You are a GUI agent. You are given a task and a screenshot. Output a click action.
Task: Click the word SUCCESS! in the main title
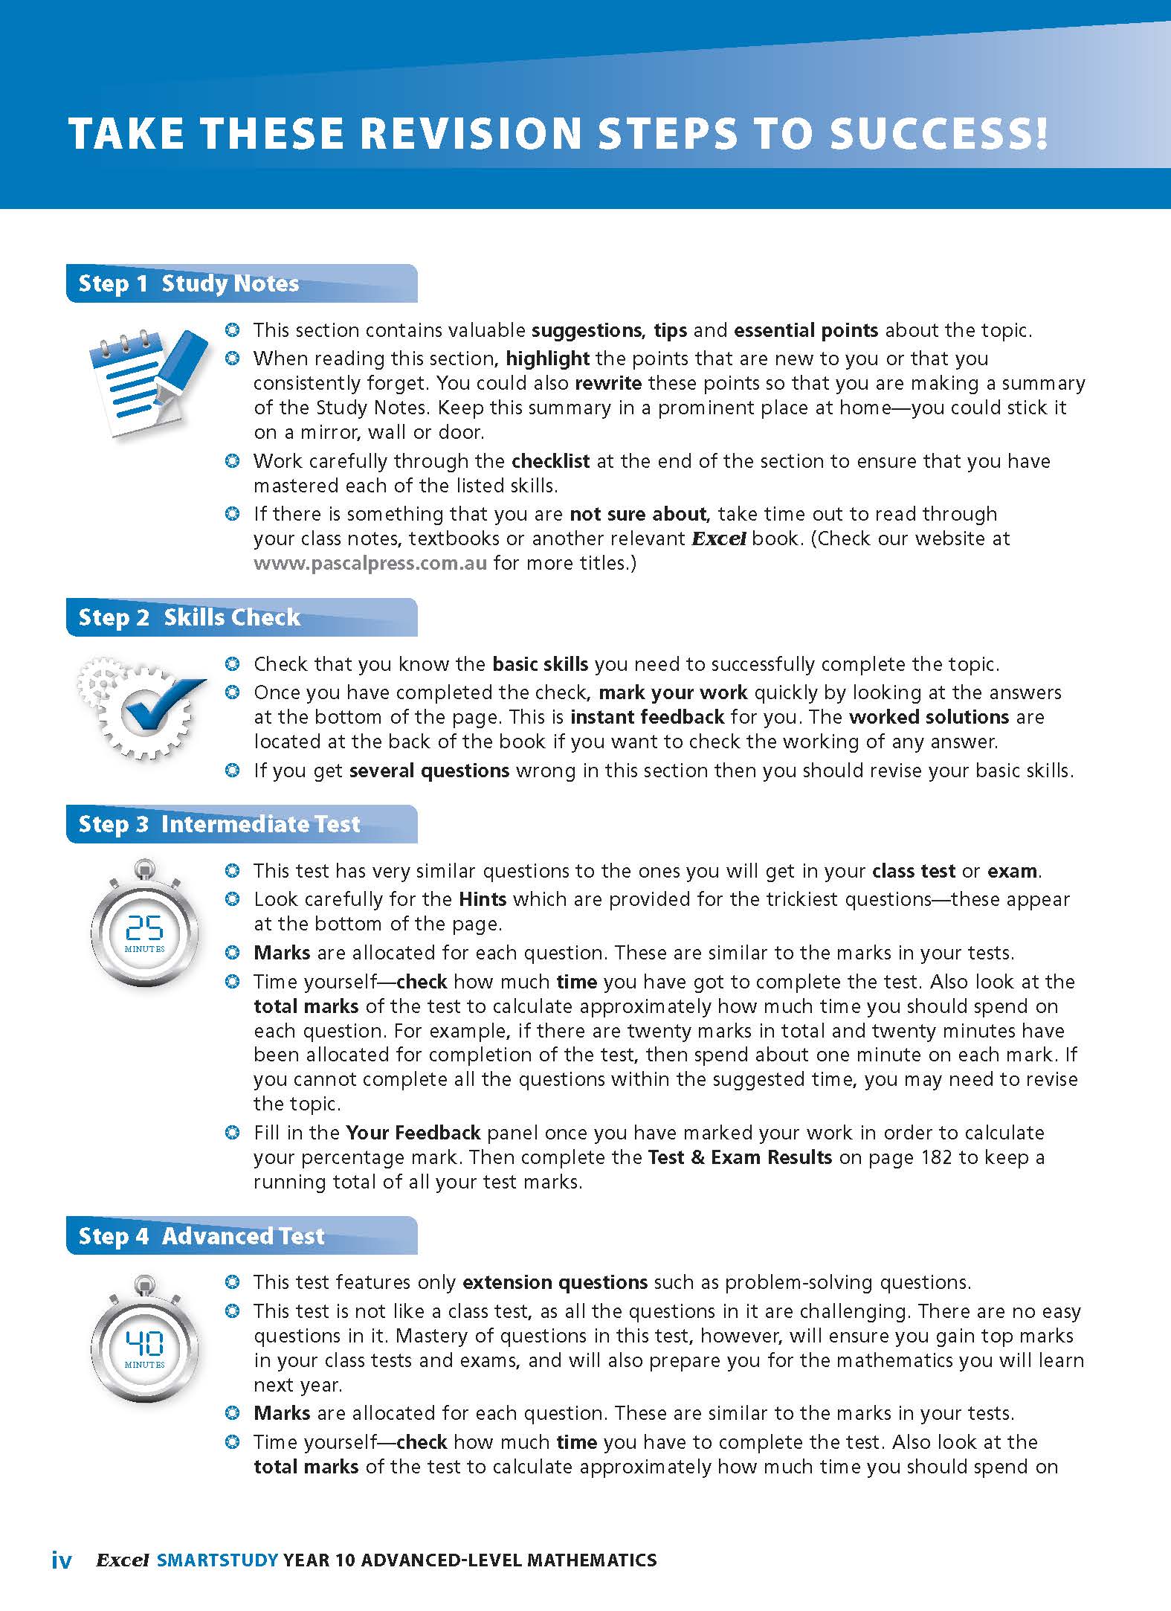coord(939,134)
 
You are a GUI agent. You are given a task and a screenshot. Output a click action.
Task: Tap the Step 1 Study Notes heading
coord(189,283)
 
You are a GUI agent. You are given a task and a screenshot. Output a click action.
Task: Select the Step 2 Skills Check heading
coord(190,617)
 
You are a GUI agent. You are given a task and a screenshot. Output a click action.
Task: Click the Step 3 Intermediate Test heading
coord(219,824)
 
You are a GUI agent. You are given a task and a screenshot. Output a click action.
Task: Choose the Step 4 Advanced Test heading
coord(201,1236)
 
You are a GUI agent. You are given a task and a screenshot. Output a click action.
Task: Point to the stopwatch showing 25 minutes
coord(145,925)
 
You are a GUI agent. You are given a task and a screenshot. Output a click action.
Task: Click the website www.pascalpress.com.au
coord(370,563)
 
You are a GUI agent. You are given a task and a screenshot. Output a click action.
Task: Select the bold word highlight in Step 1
coord(548,358)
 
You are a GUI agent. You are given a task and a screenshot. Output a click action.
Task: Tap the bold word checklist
coord(551,461)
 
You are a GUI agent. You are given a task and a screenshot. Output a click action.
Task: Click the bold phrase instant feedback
coord(647,717)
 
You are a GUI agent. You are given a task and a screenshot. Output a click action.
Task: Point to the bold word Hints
coord(483,899)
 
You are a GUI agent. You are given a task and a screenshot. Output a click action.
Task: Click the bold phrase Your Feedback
coord(413,1133)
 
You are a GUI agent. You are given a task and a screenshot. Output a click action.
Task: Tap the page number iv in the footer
coord(62,1560)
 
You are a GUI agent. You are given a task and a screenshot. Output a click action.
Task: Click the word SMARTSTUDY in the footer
coord(218,1560)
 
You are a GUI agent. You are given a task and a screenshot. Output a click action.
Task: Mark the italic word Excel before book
coord(719,538)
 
